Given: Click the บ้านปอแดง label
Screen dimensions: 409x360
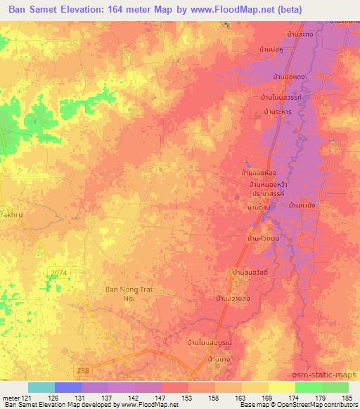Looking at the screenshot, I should click(288, 74).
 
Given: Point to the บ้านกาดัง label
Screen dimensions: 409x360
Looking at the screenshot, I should click(303, 205).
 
